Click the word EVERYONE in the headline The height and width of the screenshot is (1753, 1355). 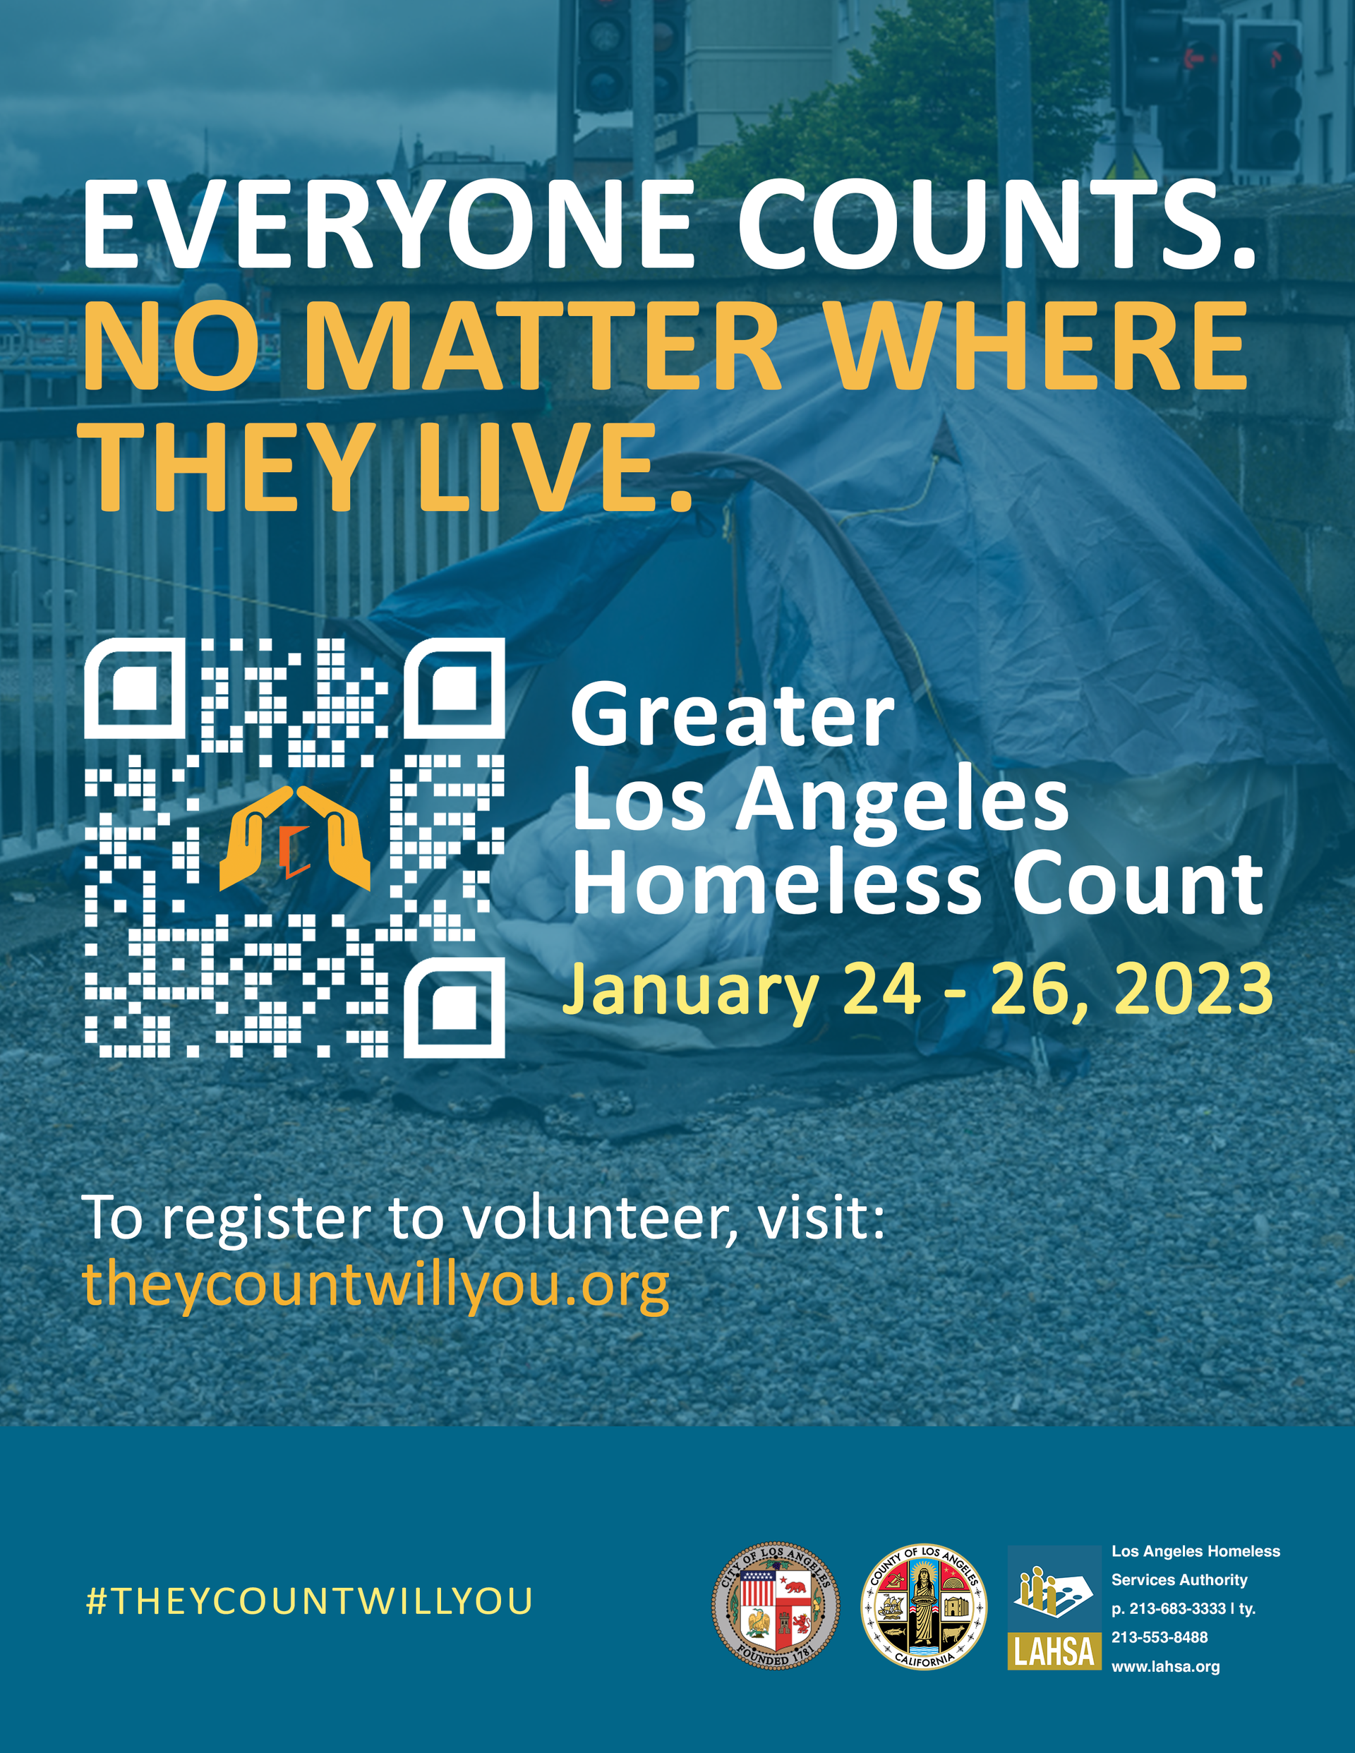tap(387, 224)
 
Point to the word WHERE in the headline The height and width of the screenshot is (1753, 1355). tap(1036, 346)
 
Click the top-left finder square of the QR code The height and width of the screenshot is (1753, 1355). tap(135, 688)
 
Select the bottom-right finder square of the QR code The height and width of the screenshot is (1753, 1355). tap(454, 1006)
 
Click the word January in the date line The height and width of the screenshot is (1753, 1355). tap(690, 994)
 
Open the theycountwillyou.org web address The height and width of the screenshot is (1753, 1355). tap(375, 1287)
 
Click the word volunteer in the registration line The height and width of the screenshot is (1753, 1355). tap(596, 1219)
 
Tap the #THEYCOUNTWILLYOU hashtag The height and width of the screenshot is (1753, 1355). tap(309, 1601)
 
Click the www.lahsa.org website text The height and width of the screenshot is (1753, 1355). tap(1166, 1666)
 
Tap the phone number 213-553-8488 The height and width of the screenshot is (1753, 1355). tap(1159, 1637)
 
